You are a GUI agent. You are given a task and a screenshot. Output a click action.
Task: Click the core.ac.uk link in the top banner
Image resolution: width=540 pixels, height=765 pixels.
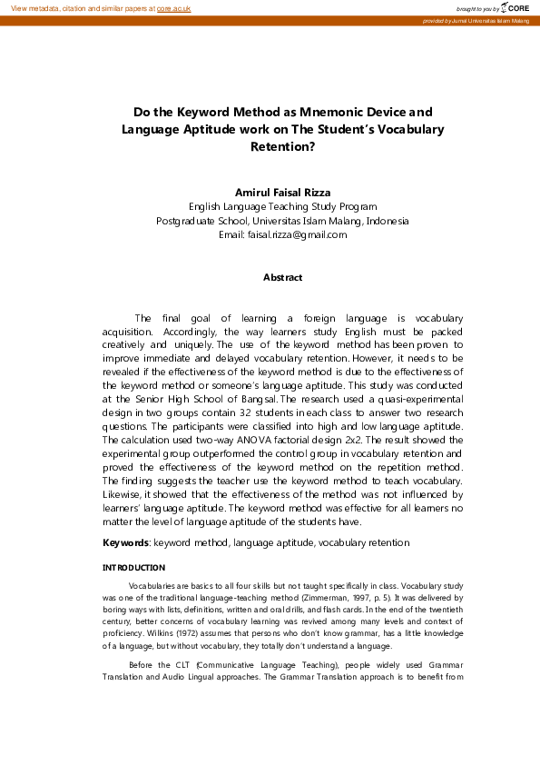click(173, 7)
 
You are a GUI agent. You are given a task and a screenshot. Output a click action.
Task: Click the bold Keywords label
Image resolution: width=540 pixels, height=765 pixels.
click(125, 542)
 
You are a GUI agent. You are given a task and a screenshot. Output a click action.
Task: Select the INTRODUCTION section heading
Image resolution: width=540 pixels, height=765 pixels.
click(134, 568)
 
